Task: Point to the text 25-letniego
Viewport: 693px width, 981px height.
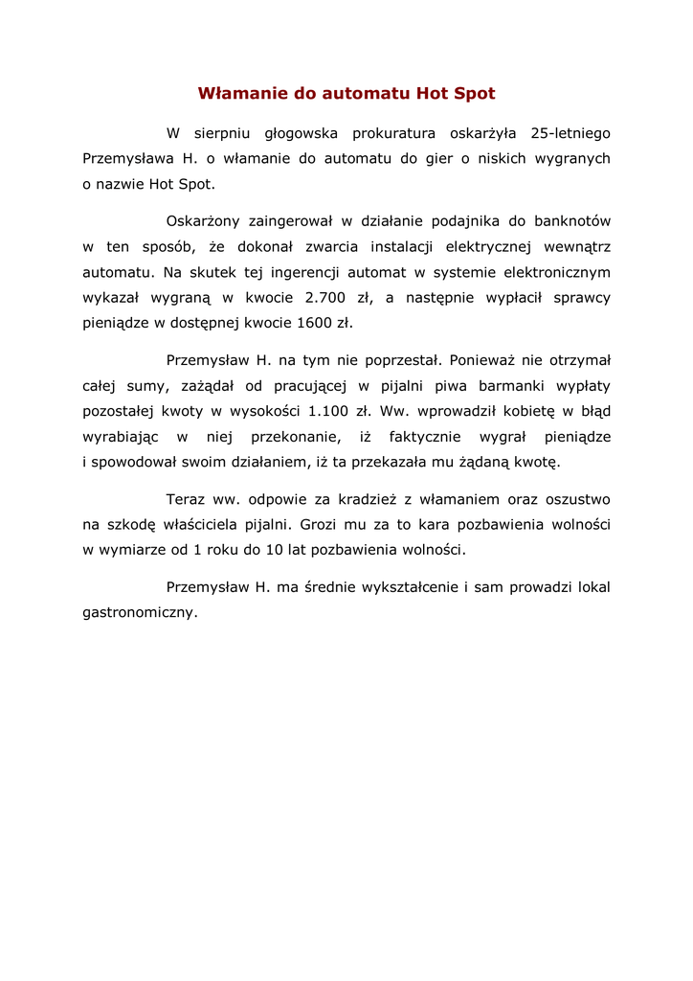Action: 570,133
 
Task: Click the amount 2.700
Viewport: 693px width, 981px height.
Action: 325,297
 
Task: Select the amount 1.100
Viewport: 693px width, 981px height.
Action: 330,411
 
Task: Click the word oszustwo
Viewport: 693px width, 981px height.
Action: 575,499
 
